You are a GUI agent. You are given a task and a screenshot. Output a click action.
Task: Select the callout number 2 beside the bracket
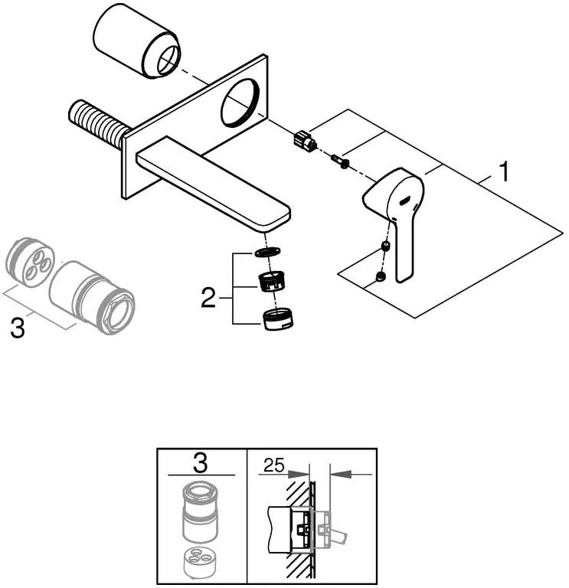pos(208,299)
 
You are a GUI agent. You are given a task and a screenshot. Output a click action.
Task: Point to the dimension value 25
pos(273,465)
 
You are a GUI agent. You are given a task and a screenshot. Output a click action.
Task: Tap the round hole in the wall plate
pos(240,102)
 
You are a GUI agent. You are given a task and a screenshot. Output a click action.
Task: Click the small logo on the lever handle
pos(405,201)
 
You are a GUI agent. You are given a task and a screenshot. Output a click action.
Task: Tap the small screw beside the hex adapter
pos(340,161)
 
